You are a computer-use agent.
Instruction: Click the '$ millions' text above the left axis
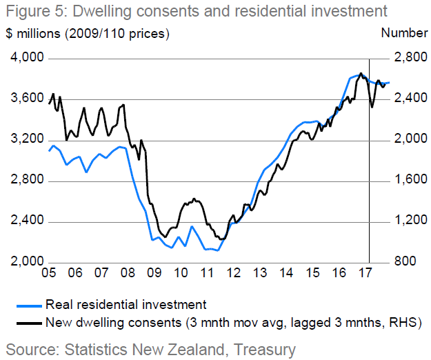point(34,33)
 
